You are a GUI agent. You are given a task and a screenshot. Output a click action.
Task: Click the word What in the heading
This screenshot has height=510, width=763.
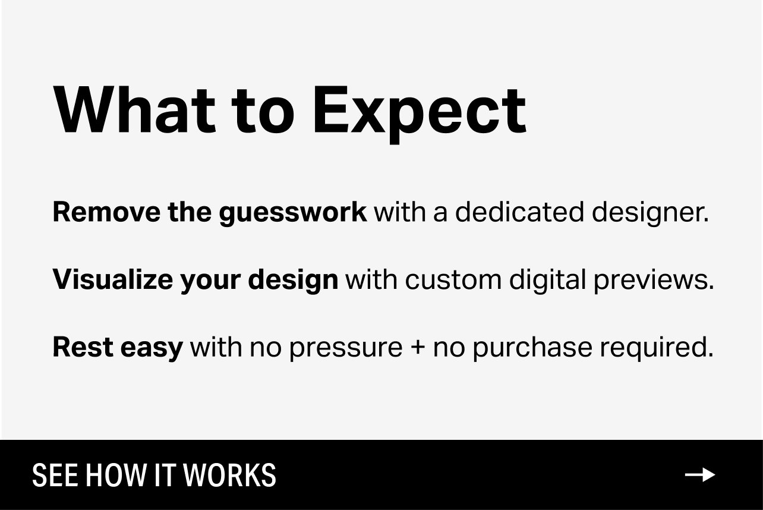[x=134, y=110]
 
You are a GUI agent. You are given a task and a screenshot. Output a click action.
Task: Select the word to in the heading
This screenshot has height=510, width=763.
[x=263, y=111]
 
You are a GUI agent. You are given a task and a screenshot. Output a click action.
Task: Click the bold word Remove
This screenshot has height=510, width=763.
[x=106, y=212]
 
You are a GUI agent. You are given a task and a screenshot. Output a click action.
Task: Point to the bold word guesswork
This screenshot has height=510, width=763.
[x=294, y=213]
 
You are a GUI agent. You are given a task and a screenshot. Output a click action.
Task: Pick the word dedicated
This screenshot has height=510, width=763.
[x=520, y=212]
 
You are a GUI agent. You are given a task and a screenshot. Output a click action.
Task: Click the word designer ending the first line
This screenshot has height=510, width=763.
[x=650, y=213]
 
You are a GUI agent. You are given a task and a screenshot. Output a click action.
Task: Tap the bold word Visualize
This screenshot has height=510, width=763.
[x=113, y=279]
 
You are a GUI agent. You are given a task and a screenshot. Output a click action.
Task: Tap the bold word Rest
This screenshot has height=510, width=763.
[x=83, y=347]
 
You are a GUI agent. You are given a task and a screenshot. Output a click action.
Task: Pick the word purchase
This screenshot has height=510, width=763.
[x=533, y=348]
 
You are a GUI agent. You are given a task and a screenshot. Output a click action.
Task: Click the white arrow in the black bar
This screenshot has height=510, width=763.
[x=700, y=475]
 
